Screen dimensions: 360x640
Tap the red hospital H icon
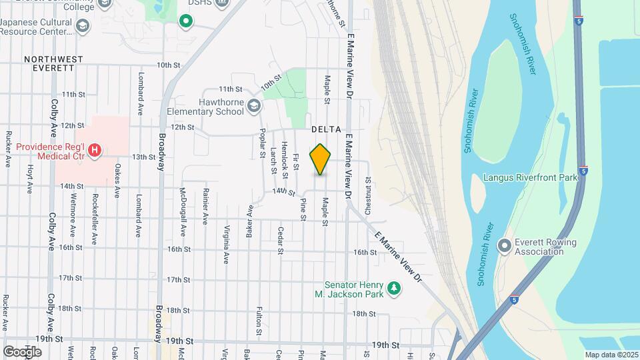(x=95, y=150)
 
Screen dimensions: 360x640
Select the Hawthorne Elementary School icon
(x=254, y=105)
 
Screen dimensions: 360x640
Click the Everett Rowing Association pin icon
(x=504, y=246)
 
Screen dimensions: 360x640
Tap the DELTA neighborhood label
(x=326, y=129)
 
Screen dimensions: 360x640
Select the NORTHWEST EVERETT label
(x=54, y=63)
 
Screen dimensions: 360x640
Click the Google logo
(x=22, y=351)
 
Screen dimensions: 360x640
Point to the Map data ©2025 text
(x=611, y=355)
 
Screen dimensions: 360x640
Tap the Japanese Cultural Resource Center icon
(x=83, y=25)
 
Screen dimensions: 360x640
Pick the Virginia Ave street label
(x=227, y=243)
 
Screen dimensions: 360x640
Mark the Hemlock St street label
(x=285, y=160)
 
